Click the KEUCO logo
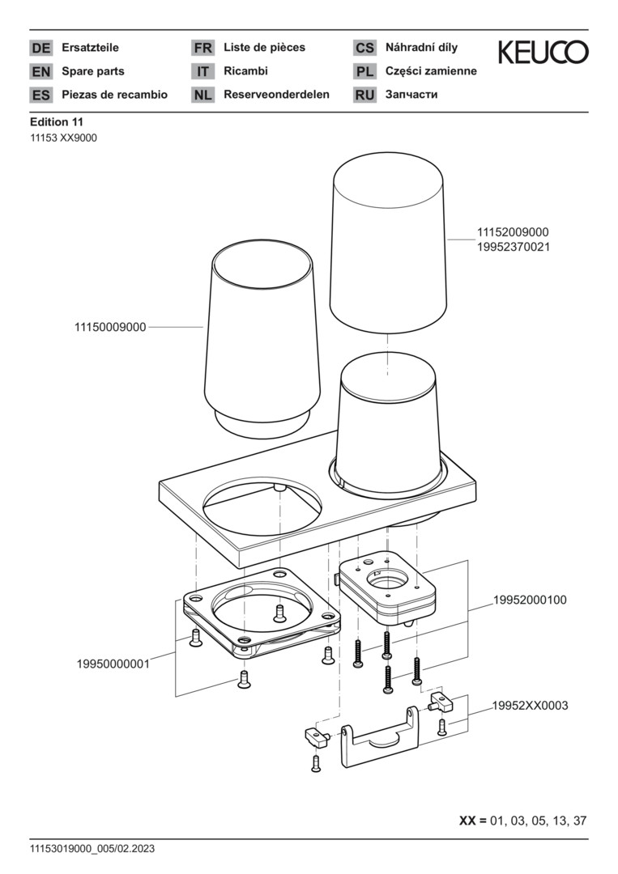pos(543,53)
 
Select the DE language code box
pos(40,48)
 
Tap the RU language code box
pos(364,95)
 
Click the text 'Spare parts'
pos(93,71)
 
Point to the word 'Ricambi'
pos(245,71)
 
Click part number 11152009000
pos(513,232)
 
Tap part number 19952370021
pos(513,247)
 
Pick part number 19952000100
pos(530,600)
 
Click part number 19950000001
pos(113,664)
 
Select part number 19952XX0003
pos(530,706)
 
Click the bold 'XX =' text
pos(473,820)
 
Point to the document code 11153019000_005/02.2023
pos(92,849)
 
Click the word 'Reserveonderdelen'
pos(276,95)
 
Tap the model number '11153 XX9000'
pos(63,138)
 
